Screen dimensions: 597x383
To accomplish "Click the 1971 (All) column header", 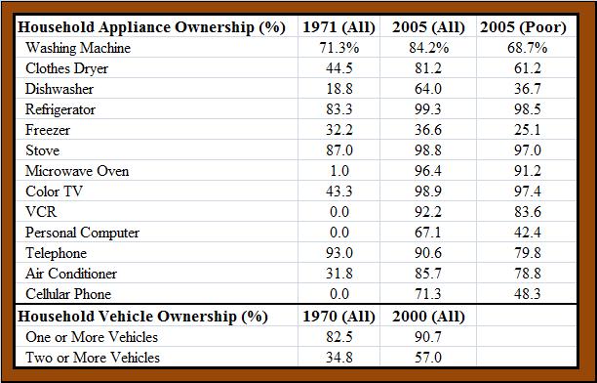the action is coord(338,27).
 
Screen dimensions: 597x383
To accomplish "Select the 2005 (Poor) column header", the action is coord(523,27).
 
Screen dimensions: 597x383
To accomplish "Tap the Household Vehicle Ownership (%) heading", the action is coord(142,317).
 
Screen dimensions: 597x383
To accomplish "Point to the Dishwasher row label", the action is coord(60,89).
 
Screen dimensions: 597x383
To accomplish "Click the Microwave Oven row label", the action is coord(77,171).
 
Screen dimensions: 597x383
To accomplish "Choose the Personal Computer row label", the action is coord(82,233).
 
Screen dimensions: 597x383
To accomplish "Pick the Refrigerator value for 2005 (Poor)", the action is coord(528,109).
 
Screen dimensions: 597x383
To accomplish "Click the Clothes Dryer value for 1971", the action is coord(339,68).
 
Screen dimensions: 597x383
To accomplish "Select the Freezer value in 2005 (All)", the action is coord(428,130).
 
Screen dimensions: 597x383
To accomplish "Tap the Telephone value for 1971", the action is coord(339,253).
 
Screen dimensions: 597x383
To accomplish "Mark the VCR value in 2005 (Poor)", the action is coord(528,212).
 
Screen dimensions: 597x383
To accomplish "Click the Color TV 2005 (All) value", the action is coord(428,191).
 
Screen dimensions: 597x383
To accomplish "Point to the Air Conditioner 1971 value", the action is coord(339,274).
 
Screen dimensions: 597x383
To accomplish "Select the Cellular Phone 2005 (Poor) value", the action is coord(528,294).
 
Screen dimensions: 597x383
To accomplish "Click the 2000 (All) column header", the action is coord(428,317).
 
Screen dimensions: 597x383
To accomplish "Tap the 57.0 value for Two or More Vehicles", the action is coord(428,358).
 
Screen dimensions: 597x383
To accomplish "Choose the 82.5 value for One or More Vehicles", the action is coord(339,337).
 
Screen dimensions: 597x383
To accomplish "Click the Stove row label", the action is coord(42,150).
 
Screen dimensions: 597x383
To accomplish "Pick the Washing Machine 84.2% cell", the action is coord(429,48).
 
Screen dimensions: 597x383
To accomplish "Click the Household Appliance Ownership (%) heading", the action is coord(151,27).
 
